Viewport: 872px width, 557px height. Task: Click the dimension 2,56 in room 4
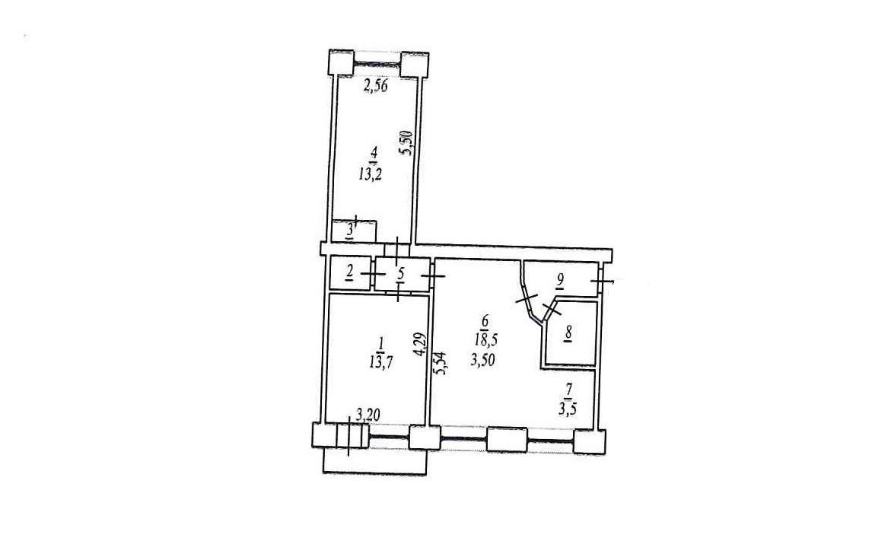click(375, 86)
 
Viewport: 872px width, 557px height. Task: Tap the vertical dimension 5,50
click(406, 143)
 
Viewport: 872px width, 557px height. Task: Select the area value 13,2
click(371, 175)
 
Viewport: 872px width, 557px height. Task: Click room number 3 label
click(350, 230)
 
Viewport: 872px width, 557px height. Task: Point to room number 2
click(349, 272)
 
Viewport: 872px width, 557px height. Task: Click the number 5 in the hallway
click(400, 273)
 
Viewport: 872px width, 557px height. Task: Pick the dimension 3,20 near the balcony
click(367, 414)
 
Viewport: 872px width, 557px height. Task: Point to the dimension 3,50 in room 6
click(482, 360)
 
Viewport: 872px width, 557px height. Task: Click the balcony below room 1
click(375, 461)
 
